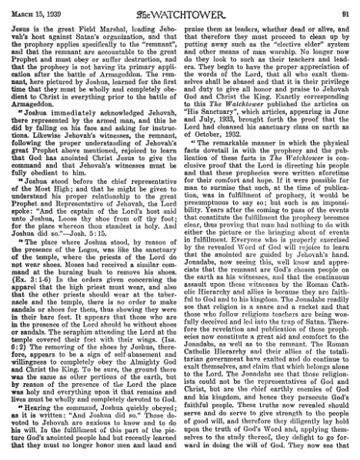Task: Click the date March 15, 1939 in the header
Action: point(28,8)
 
